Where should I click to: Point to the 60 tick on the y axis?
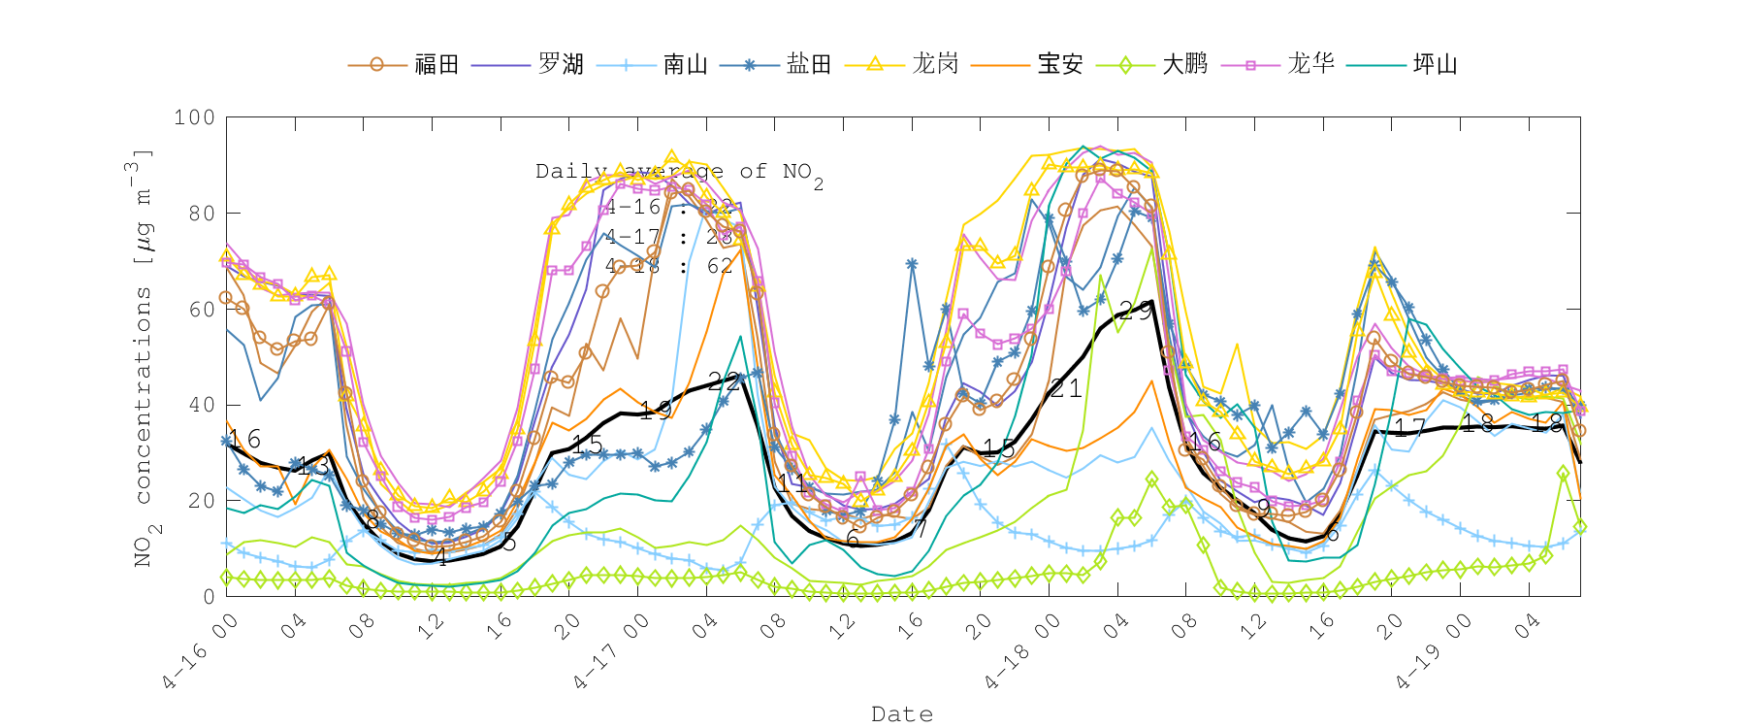pyautogui.click(x=202, y=310)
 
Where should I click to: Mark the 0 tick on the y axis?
pyautogui.click(x=209, y=596)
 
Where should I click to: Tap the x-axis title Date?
pyautogui.click(x=902, y=714)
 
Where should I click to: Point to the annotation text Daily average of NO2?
pyautogui.click(x=679, y=173)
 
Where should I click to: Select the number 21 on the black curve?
pyautogui.click(x=1065, y=389)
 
